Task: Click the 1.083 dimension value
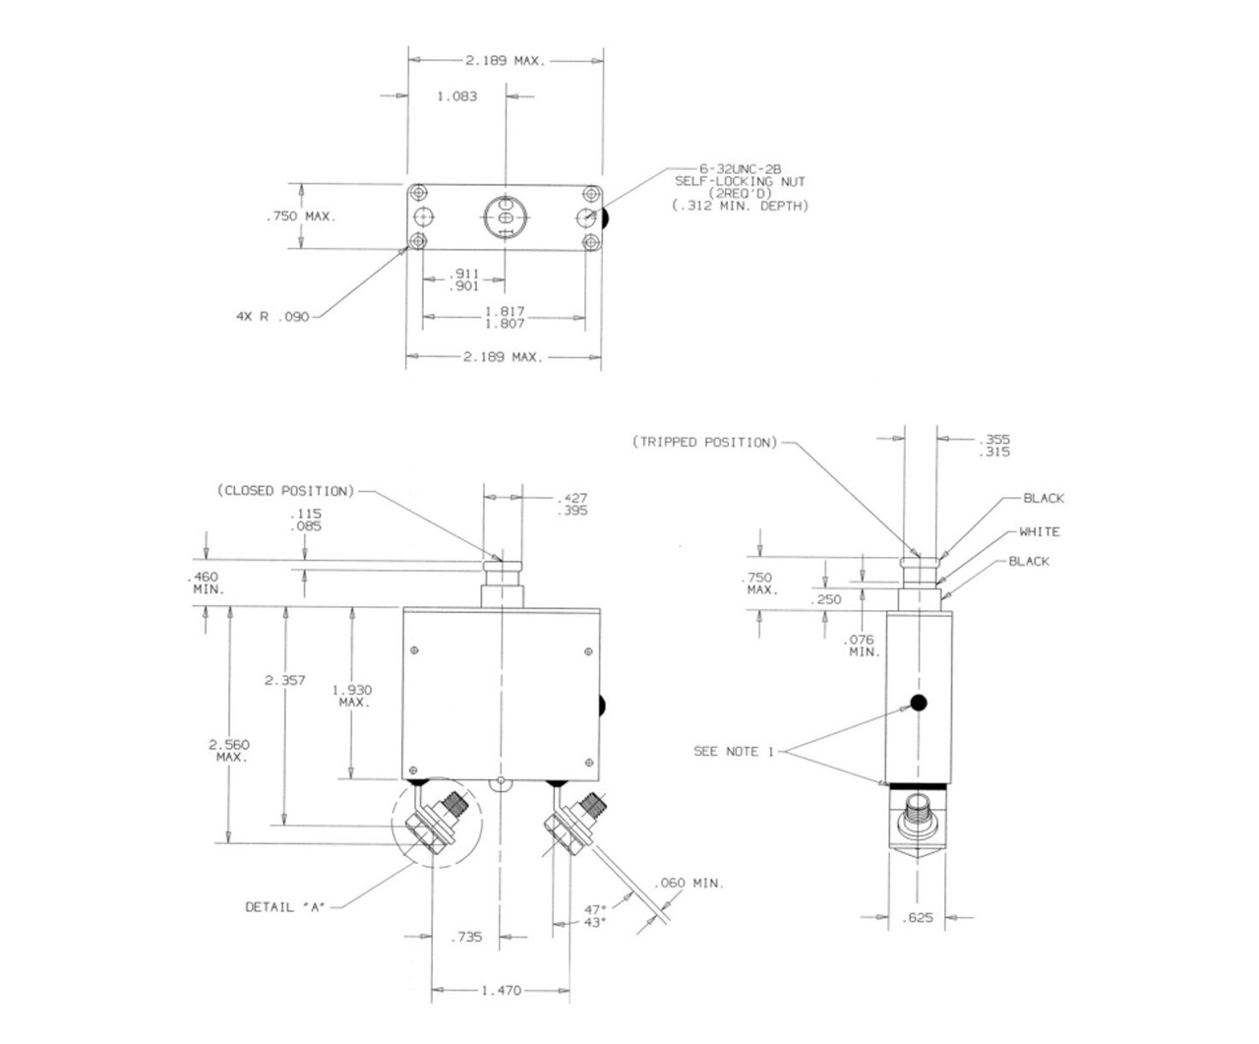[x=457, y=96]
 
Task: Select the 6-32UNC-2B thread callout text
[x=741, y=169]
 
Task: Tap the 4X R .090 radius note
[x=272, y=317]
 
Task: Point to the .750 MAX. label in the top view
[x=300, y=216]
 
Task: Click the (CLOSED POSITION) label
[x=285, y=490]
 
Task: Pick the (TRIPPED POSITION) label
[x=704, y=442]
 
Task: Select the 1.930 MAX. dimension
[x=353, y=695]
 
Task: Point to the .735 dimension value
[x=467, y=938]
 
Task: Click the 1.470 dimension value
[x=502, y=991]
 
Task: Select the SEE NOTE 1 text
[x=727, y=751]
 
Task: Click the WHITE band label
[x=1039, y=531]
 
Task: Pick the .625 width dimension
[x=918, y=919]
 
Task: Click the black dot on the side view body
[x=919, y=703]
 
